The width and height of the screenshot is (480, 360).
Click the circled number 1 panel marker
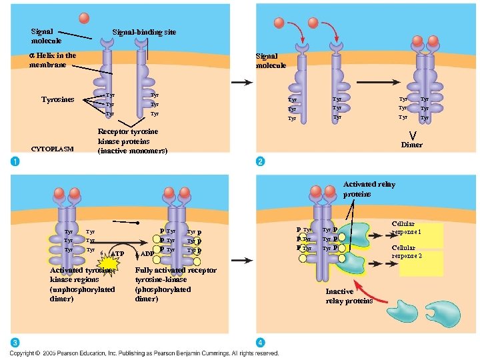click(15, 161)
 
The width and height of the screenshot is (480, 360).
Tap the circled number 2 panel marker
click(261, 162)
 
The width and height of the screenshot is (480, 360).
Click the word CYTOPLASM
click(52, 149)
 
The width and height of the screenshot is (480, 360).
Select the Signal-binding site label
click(144, 32)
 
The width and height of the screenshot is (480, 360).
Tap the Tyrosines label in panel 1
click(58, 100)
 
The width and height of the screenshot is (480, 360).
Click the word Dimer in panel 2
click(411, 145)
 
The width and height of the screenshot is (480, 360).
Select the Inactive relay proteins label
click(349, 297)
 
